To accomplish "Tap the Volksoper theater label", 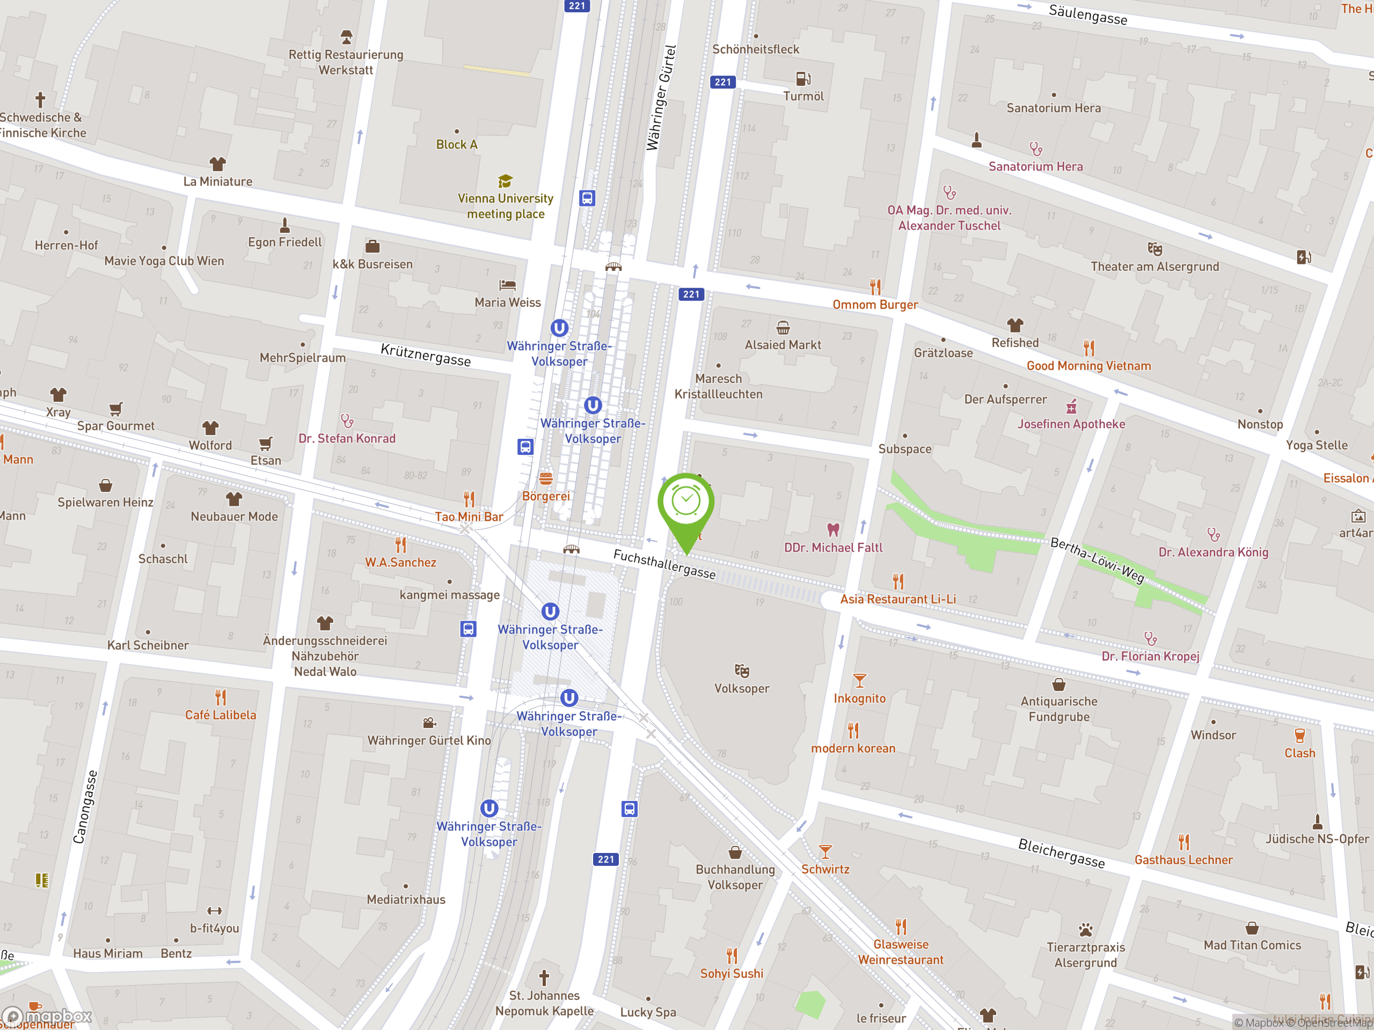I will (742, 688).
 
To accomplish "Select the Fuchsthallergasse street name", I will (664, 564).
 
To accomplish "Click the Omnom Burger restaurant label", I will (875, 304).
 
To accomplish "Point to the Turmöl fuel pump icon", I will (803, 79).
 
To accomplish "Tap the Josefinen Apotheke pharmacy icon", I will (1071, 407).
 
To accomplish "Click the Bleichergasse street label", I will (1061, 852).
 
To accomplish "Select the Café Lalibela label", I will (221, 715).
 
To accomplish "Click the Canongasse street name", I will (86, 806).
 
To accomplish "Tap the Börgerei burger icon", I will (545, 478).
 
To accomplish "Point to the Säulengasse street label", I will (1087, 14).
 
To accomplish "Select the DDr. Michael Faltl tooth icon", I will (833, 529).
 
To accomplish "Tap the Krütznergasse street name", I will (426, 355).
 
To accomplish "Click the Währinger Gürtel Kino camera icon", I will (429, 723).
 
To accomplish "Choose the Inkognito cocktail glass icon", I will (859, 680).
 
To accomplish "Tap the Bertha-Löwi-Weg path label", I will (1097, 560).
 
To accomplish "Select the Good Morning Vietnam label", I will (1088, 366).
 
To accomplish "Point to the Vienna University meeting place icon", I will (505, 181).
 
